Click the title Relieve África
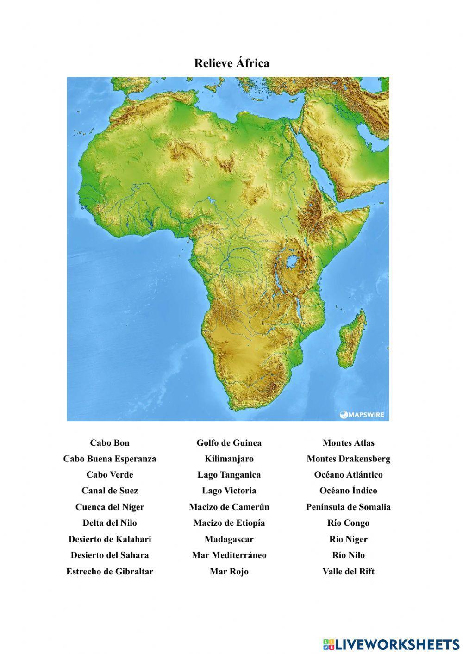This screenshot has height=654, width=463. point(231,63)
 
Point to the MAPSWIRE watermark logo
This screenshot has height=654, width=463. point(363,414)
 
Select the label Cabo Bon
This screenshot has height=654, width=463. point(110,443)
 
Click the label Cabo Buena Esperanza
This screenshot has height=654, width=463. point(110,459)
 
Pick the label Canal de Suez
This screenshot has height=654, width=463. point(110,491)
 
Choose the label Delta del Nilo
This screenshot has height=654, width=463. point(110,523)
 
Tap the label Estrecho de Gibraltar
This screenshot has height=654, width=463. point(110,571)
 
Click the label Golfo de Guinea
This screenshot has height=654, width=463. point(229,443)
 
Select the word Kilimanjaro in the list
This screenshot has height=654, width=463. point(229,459)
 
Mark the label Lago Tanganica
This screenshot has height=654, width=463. point(229,475)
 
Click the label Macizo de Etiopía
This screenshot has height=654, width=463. point(229,523)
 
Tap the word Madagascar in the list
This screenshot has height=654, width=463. point(229,539)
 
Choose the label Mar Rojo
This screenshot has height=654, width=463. point(229,571)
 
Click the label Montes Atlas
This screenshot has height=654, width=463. point(348,443)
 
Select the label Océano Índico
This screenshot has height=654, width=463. point(348,491)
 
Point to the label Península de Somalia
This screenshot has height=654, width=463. point(348,507)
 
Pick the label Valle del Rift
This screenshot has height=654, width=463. point(348,571)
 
